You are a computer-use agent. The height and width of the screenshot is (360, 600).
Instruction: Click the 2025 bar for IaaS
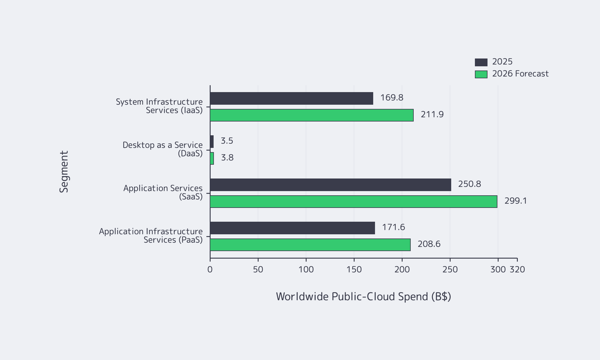(x=291, y=98)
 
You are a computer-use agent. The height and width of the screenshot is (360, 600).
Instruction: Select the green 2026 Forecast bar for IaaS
(x=311, y=115)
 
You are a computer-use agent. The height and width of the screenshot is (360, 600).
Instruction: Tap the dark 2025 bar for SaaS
(x=330, y=185)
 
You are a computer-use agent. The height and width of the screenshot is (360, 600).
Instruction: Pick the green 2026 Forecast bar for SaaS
(x=353, y=202)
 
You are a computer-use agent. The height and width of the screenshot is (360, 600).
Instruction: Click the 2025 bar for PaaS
(x=292, y=228)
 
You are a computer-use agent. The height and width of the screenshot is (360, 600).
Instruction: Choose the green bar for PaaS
(x=310, y=245)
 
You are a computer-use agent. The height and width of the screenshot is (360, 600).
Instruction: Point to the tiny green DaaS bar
(x=212, y=158)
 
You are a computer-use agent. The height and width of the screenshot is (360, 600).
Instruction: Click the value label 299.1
(x=515, y=201)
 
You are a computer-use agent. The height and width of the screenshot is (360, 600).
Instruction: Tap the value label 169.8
(x=391, y=98)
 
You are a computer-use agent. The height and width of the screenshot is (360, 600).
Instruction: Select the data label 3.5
(x=227, y=141)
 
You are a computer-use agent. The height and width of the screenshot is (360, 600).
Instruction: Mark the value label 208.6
(x=429, y=244)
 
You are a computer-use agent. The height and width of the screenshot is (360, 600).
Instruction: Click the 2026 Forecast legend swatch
(x=481, y=74)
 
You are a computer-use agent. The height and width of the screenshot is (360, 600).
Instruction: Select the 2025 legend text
(x=502, y=62)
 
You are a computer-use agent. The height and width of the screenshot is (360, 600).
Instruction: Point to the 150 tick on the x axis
(x=354, y=269)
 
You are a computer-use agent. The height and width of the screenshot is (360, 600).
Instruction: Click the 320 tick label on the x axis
(x=517, y=269)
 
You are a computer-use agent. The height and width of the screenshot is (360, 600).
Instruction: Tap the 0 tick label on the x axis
(x=210, y=269)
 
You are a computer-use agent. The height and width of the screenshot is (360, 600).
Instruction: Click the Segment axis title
(x=64, y=172)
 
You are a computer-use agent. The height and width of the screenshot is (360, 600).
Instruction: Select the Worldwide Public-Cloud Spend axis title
(x=363, y=296)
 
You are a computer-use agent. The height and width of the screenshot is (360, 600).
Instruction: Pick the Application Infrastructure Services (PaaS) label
(x=151, y=235)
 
